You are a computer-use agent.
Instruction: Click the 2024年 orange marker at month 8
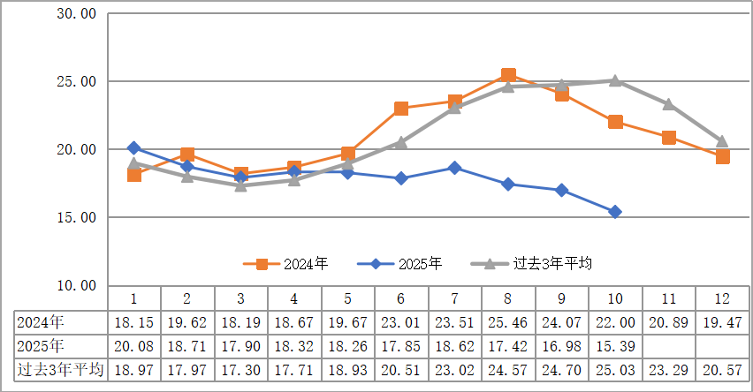(508, 76)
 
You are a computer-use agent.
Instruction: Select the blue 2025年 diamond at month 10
(615, 212)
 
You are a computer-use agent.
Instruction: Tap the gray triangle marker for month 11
(669, 105)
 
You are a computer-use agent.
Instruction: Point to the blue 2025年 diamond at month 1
(133, 147)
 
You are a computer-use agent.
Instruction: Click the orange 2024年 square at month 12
(722, 156)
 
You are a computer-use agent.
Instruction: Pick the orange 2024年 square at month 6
(401, 109)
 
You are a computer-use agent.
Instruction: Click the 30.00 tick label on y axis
(74, 14)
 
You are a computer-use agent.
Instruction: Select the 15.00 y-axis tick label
(74, 217)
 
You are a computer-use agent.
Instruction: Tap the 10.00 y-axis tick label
(74, 285)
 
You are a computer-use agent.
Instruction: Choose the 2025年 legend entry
(406, 263)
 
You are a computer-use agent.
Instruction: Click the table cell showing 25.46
(508, 322)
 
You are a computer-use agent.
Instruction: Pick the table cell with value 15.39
(615, 346)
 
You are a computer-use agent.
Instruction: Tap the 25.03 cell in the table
(615, 370)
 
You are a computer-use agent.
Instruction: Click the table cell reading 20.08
(133, 346)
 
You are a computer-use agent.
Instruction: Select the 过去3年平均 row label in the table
(61, 370)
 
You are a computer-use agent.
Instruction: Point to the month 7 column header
(454, 298)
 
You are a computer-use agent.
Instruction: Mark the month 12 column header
(722, 298)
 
